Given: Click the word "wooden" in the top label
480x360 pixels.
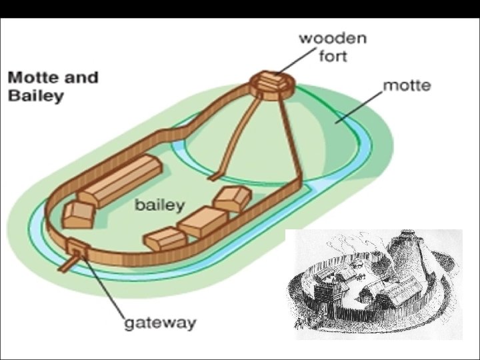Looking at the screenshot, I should tap(332, 37).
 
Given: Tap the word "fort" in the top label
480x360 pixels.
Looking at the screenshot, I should tap(332, 55).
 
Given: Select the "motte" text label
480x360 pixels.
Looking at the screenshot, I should tap(407, 85).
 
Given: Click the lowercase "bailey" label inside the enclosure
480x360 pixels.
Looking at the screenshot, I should tap(159, 205).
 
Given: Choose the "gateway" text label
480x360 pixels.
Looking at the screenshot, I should tap(161, 323).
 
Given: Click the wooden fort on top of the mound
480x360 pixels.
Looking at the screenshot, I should tap(272, 83).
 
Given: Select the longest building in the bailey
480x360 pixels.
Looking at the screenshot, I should tap(120, 180).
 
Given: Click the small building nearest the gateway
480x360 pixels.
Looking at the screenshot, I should tap(77, 215).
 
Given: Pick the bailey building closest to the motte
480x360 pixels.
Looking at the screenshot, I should tap(232, 198).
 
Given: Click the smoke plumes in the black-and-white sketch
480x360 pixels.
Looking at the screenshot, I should tap(360, 243).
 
